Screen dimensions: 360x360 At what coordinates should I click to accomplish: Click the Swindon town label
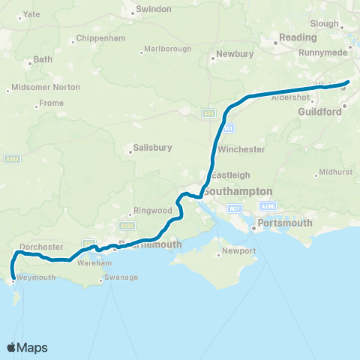(153, 9)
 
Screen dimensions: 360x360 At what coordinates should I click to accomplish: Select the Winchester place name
(241, 149)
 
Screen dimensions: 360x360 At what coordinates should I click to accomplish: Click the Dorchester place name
(40, 246)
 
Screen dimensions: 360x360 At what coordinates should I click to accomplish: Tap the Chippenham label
(99, 40)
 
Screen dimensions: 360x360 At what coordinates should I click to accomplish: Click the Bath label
(43, 58)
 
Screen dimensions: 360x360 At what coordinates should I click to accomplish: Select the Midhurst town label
(334, 172)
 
